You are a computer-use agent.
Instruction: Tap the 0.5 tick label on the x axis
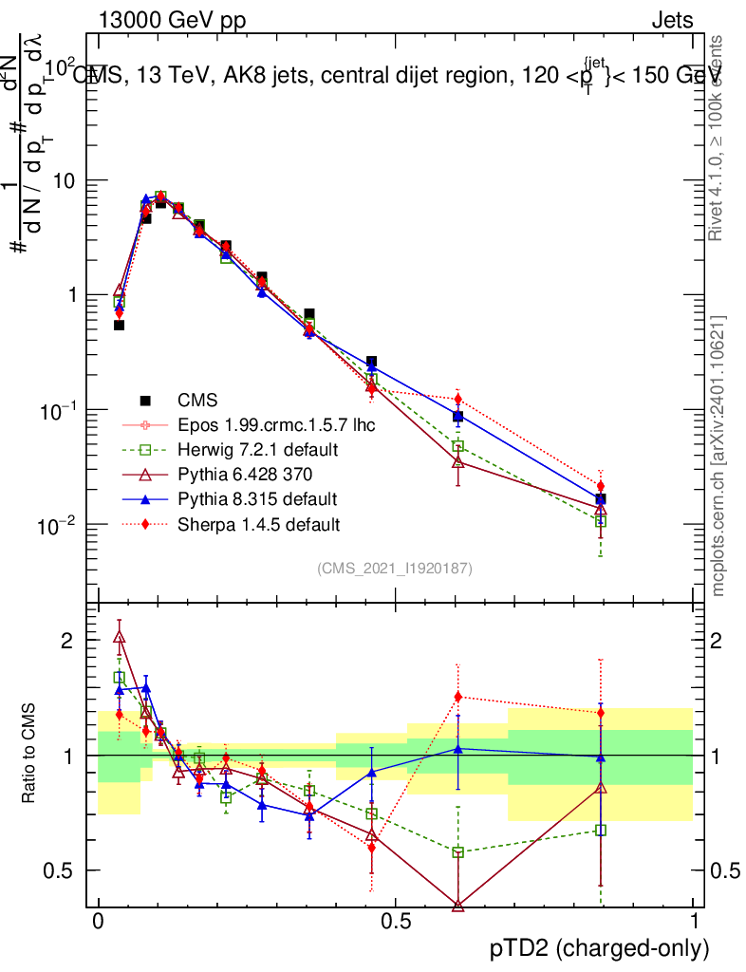[396, 922]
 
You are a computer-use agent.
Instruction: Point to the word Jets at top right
[672, 20]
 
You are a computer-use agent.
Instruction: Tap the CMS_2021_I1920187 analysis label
[395, 569]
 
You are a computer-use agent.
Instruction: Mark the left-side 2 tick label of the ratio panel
[66, 641]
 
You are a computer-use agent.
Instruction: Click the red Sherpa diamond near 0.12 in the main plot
[457, 399]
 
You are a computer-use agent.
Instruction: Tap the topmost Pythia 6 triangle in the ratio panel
[120, 637]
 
